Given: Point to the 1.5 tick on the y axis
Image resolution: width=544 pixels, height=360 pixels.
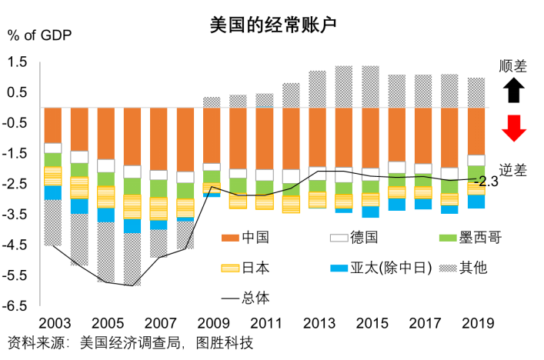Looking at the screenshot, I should (x=17, y=62).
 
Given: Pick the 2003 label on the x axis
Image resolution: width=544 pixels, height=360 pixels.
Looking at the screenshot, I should (x=53, y=323).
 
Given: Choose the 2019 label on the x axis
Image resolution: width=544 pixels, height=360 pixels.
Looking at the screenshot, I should (x=476, y=323).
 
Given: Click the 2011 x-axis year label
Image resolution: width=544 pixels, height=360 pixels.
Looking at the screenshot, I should (x=265, y=323).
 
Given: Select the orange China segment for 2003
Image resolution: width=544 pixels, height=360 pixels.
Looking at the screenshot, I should (x=53, y=125).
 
